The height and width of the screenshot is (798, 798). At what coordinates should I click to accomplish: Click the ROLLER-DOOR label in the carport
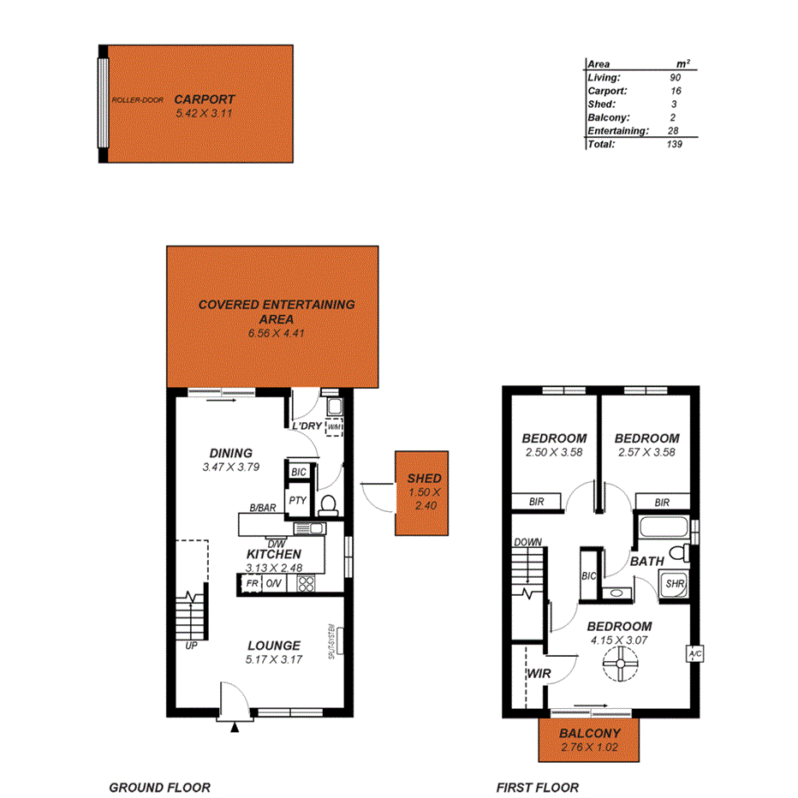tap(137, 100)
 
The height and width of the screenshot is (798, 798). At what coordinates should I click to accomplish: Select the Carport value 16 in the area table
tap(676, 90)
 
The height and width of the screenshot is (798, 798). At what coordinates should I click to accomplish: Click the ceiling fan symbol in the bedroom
tap(618, 662)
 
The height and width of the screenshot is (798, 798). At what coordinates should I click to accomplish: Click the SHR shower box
tap(674, 584)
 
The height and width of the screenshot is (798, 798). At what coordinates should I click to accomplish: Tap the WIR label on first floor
tap(537, 674)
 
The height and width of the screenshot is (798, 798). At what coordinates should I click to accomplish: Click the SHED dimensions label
tap(425, 499)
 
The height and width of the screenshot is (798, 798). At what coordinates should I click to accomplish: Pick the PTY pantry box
tap(297, 501)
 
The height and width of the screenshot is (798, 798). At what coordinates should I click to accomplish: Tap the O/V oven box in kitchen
tap(275, 584)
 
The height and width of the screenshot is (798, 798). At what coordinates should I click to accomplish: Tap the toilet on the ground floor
tap(326, 505)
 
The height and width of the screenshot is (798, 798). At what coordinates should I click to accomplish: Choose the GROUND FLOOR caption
tap(159, 788)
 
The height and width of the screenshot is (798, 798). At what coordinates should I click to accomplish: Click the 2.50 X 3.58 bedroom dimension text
tap(552, 452)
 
